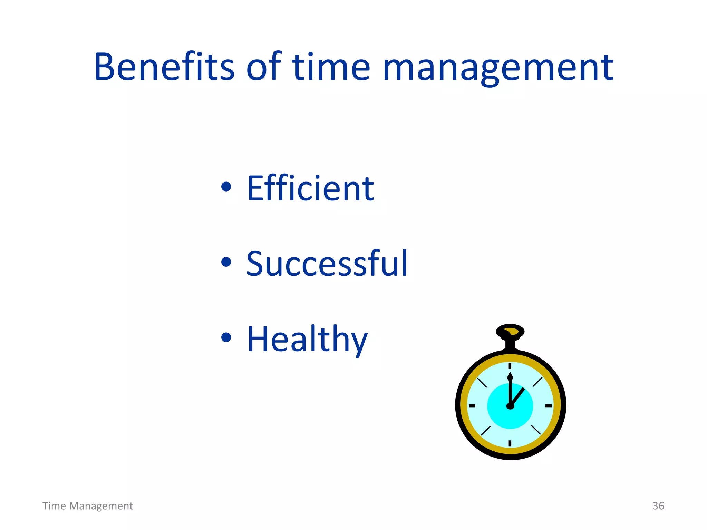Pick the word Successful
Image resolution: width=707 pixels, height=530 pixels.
point(327,264)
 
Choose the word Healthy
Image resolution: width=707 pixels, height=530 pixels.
point(307,340)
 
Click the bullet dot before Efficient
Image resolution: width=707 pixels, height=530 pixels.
point(226,187)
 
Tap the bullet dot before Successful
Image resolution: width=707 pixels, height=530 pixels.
point(226,262)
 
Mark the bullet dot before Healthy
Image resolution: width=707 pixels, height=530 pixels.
point(226,337)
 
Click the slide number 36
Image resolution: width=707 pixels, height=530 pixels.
point(658,506)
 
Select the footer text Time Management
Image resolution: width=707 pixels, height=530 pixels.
point(88,506)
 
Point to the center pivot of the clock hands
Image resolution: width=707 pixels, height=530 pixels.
point(510,406)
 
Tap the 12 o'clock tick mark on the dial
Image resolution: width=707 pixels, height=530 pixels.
point(510,366)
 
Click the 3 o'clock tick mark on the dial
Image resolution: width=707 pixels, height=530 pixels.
point(549,406)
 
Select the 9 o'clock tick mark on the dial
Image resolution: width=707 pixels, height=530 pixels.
point(472,406)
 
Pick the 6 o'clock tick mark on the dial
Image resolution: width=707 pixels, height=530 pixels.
point(510,443)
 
